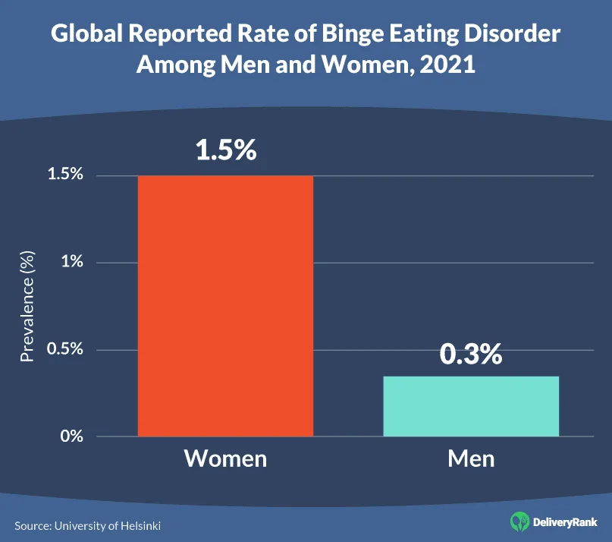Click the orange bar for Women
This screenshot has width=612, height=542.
click(225, 306)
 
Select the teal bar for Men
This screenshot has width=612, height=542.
click(471, 406)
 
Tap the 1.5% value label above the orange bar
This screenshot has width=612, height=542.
click(226, 150)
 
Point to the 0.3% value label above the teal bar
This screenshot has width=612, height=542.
click(471, 354)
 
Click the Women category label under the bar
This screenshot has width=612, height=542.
click(226, 459)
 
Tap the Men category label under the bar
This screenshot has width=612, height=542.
click(471, 459)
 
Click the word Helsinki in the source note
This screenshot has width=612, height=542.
click(140, 525)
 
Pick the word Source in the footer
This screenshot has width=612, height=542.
click(30, 525)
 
